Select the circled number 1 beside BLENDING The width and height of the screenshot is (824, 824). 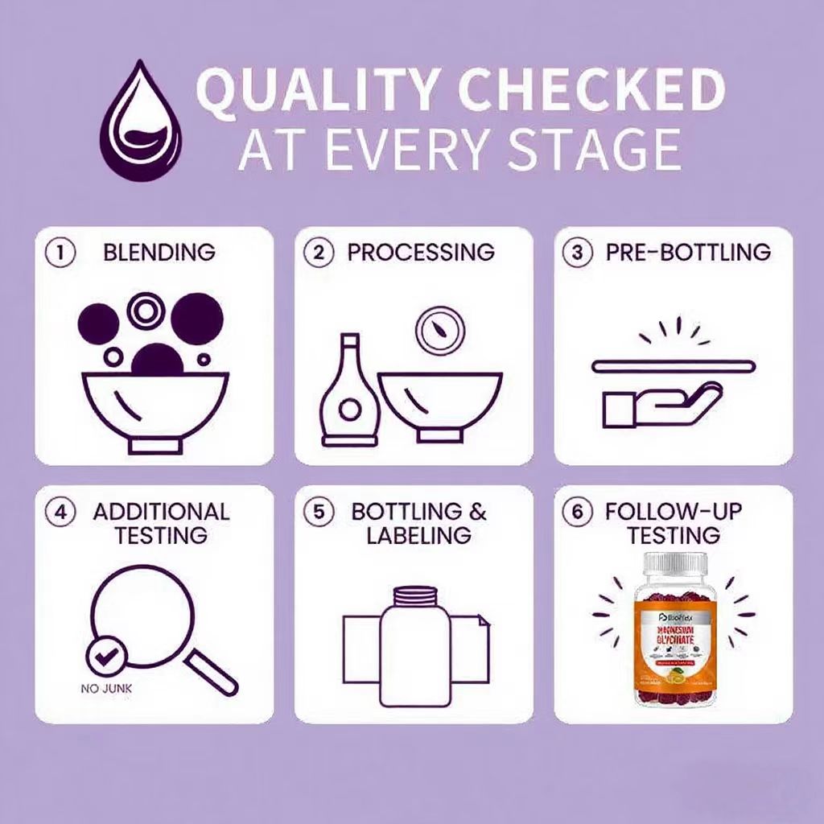pos(60,252)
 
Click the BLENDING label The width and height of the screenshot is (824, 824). pos(159,252)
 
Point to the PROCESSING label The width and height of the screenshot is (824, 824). pos(421,252)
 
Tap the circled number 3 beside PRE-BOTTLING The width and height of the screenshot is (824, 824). pos(575,252)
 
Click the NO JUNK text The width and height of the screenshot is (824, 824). pos(107,689)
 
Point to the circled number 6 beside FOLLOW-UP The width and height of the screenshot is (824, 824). pos(575,513)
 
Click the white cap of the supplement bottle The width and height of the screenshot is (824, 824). pos(674,566)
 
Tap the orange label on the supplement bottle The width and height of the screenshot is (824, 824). pos(674,636)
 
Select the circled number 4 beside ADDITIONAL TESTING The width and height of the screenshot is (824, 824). pos(60,513)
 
